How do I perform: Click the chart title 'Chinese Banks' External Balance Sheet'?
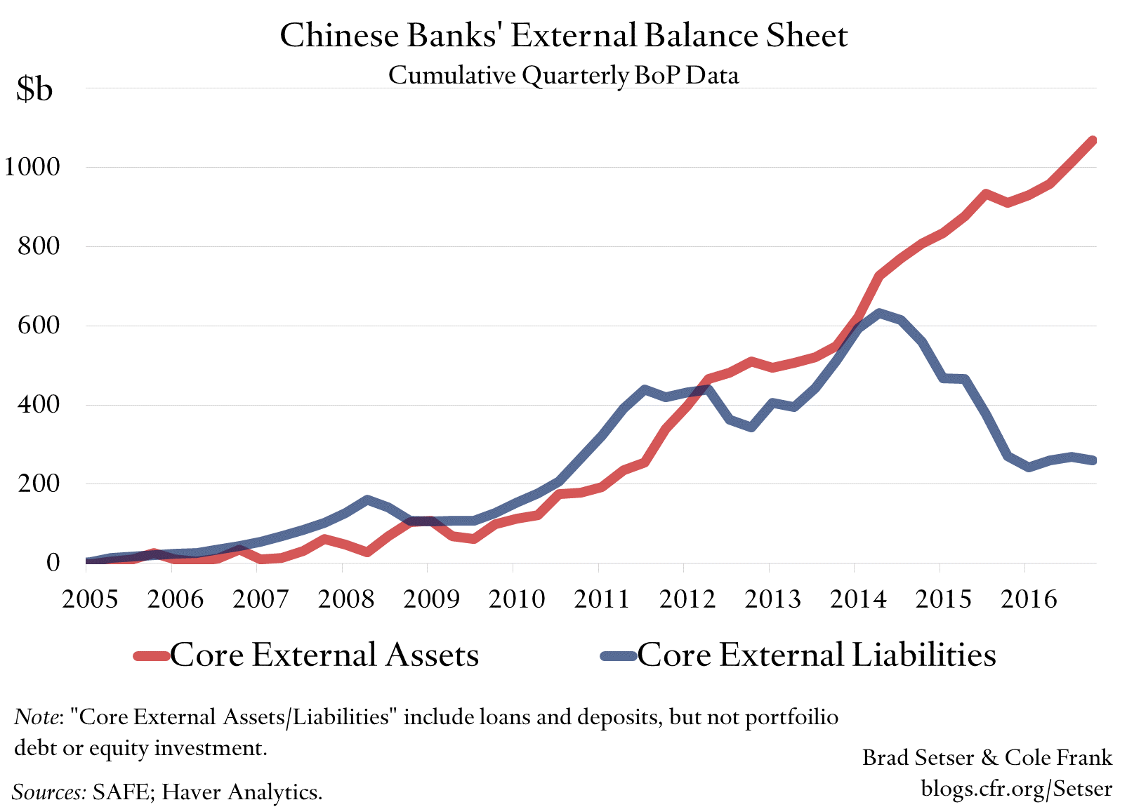click(563, 36)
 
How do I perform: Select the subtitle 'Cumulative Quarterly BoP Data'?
click(563, 74)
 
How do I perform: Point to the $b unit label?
click(34, 90)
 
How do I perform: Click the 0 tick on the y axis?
click(53, 562)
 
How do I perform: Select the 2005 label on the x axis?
click(90, 599)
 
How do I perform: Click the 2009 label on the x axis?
click(431, 599)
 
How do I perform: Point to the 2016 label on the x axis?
click(1028, 599)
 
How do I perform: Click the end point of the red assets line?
click(1093, 141)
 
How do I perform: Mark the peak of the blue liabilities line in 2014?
click(878, 313)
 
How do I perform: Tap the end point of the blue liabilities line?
click(1093, 460)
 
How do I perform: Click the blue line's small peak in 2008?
click(367, 500)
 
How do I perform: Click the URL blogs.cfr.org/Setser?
click(1016, 788)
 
